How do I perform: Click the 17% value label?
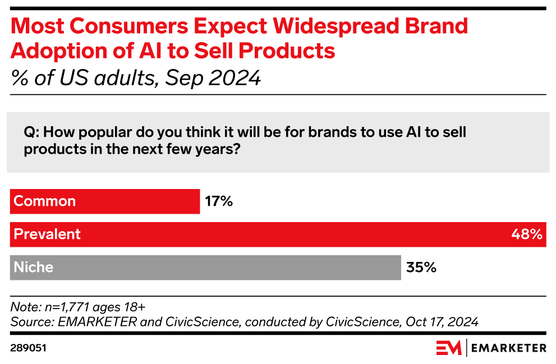pos(218,201)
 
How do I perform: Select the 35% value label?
pos(421,268)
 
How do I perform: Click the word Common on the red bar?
pos(44,201)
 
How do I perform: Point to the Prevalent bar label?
pos(47,234)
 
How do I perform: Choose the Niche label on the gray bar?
pos(33,268)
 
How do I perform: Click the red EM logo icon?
pos(448,348)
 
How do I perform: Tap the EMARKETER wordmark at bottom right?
pos(508,348)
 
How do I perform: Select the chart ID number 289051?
pos(28,348)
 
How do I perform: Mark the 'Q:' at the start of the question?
pos(31,132)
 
